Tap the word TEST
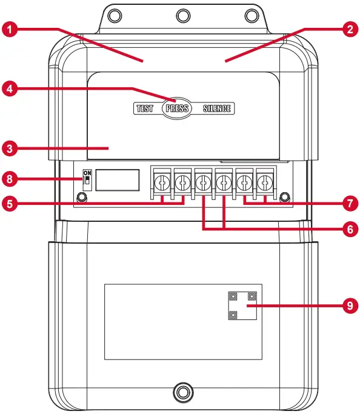coord(145,109)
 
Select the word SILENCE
coord(217,109)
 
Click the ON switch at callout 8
coord(87,179)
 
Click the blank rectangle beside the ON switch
coord(119,180)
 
